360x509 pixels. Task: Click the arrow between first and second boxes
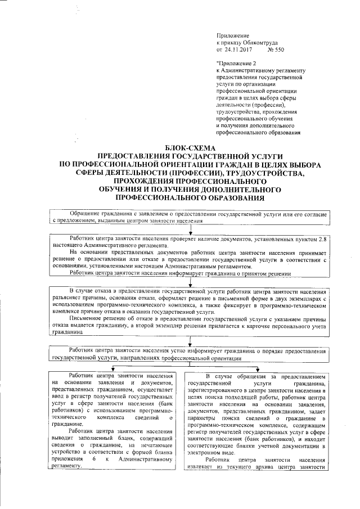pyautogui.click(x=191, y=231)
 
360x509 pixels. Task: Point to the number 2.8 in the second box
pyautogui.click(x=321, y=240)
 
